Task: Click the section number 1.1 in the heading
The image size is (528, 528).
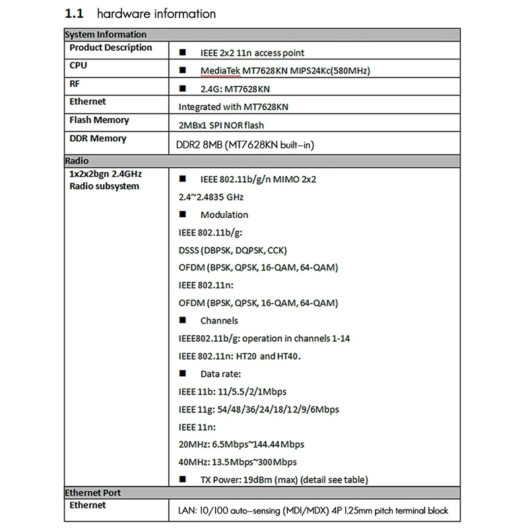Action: tap(75, 13)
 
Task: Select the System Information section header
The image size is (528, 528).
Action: tap(105, 34)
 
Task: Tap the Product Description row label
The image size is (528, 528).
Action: tap(110, 48)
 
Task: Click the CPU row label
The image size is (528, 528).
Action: tap(78, 65)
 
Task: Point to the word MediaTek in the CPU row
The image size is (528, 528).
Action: tap(222, 71)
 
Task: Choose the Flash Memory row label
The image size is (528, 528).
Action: tap(99, 120)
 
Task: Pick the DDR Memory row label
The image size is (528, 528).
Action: tap(98, 139)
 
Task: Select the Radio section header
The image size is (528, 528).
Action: tap(77, 160)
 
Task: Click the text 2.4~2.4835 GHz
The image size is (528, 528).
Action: tap(211, 197)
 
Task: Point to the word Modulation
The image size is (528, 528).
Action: tap(224, 214)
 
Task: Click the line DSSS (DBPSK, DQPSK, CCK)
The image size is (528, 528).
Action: tap(232, 250)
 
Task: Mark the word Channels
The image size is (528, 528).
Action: tap(219, 321)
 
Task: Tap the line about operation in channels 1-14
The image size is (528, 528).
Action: tap(264, 339)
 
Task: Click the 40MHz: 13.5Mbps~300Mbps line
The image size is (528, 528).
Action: tap(238, 462)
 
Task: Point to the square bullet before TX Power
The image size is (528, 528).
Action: tap(183, 480)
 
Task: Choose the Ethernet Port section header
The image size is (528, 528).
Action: tap(92, 492)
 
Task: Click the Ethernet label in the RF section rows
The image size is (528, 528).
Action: tap(87, 102)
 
